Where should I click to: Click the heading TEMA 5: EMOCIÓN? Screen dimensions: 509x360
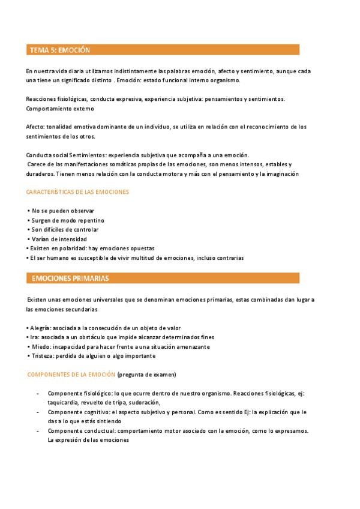coord(60,50)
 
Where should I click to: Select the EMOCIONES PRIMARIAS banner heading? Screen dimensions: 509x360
coord(70,279)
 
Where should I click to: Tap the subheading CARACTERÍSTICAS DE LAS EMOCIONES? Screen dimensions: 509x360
coord(77,192)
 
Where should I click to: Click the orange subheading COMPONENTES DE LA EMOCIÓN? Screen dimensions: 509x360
coord(71,375)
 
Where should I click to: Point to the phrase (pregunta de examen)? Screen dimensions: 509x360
coord(147,375)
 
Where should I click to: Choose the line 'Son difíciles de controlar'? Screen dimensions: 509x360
coord(65,229)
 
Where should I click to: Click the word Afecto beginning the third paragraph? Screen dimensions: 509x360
coord(35,127)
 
